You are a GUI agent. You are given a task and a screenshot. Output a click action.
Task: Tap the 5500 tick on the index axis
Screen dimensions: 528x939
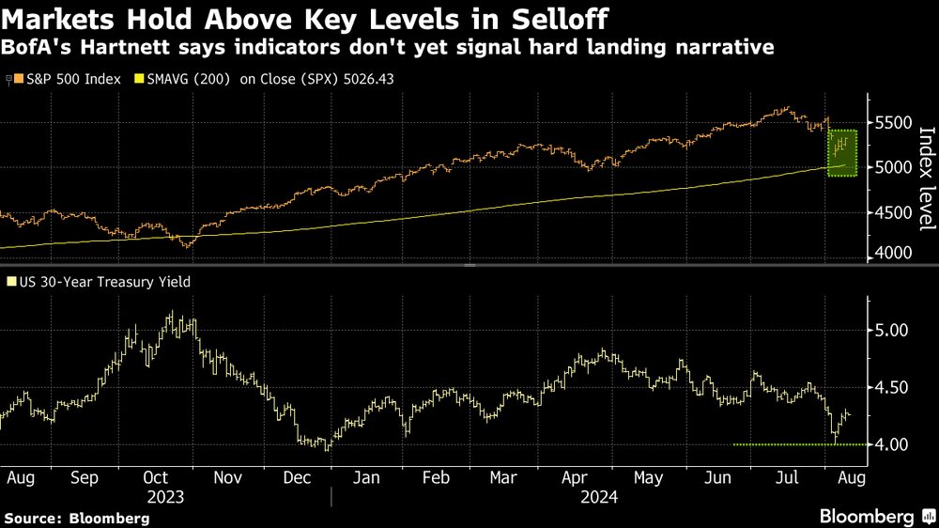click(892, 123)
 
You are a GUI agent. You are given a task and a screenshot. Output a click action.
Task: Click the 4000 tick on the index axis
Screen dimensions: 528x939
click(892, 254)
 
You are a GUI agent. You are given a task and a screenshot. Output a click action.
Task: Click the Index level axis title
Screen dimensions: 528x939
click(925, 179)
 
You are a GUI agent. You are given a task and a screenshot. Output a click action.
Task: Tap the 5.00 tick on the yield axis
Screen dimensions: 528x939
click(892, 331)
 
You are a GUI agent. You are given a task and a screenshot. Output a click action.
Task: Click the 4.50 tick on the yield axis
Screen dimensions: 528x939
click(892, 387)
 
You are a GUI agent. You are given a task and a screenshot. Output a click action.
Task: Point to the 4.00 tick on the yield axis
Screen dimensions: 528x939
click(892, 443)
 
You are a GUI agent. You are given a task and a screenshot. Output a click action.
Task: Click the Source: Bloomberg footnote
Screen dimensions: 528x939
click(78, 518)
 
